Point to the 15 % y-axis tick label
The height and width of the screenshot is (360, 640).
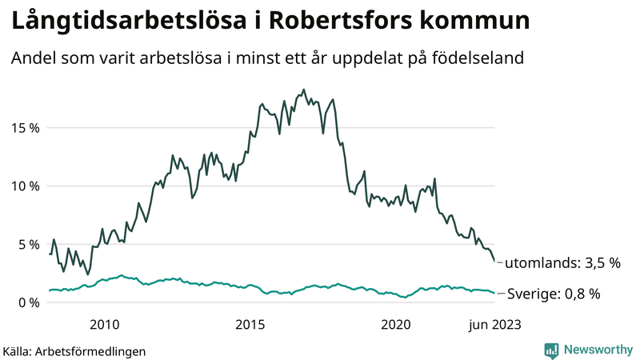pos(25,127)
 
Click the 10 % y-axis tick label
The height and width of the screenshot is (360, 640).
pos(25,186)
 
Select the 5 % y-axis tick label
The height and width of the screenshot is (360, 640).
pos(28,244)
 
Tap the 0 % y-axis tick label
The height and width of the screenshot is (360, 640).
pos(28,302)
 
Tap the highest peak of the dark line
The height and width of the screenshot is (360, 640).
pos(304,90)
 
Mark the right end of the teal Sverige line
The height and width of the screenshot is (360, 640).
pos(495,293)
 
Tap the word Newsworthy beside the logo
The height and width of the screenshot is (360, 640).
pos(598,350)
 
